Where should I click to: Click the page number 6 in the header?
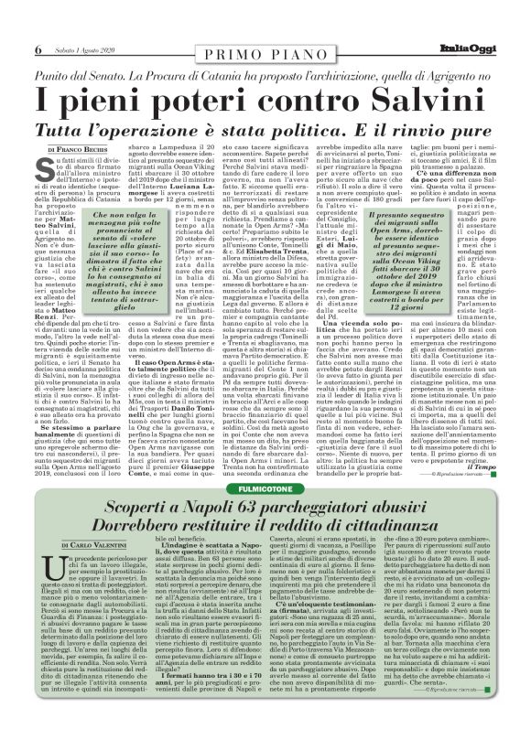[38, 47]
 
